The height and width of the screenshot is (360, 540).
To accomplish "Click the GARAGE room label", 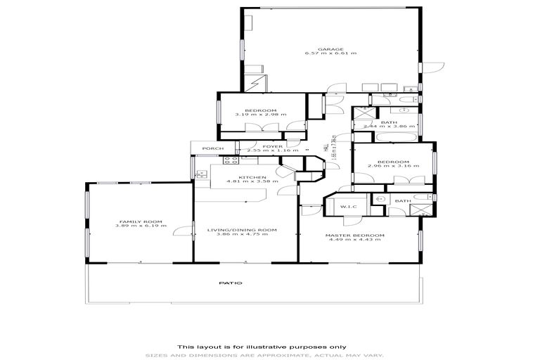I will pos(324,49).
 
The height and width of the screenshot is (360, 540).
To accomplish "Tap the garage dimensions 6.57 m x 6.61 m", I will pos(330,53).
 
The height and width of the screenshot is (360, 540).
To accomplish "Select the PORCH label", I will pos(212,148).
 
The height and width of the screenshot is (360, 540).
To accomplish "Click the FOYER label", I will pos(253,146).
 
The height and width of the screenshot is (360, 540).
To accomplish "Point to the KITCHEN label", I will pos(251,176).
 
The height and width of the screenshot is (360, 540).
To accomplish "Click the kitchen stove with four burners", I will pos(230,161).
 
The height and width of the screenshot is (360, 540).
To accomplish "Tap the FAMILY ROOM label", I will pos(132,221).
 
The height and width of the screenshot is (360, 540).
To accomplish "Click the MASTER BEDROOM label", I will pos(354,235).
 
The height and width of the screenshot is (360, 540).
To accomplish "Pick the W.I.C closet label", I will pos(349,207).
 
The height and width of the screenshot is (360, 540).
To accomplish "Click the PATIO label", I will pos(230,283).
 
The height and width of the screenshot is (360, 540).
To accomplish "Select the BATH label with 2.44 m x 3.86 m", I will pos(389,122).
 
